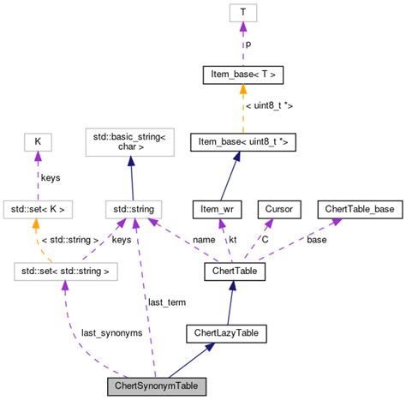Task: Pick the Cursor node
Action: click(x=281, y=209)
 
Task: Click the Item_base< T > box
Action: click(x=244, y=75)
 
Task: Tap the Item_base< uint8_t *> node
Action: click(x=244, y=141)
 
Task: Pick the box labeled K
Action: click(x=37, y=141)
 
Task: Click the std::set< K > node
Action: click(x=37, y=209)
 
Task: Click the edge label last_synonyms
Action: click(x=111, y=332)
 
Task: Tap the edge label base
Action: click(x=317, y=240)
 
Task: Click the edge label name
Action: click(x=203, y=240)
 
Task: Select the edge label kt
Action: click(x=232, y=240)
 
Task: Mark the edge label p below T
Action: click(x=248, y=43)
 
